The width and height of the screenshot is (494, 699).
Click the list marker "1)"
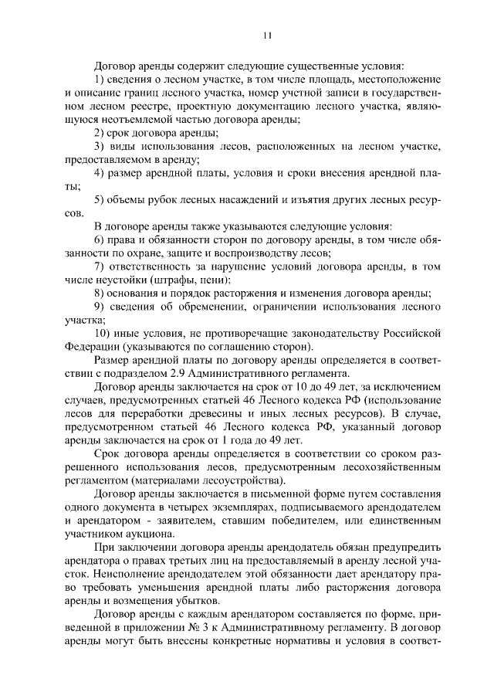[100, 80]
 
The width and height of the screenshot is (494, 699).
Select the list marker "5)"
[100, 200]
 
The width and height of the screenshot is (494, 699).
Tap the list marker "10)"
[103, 334]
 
